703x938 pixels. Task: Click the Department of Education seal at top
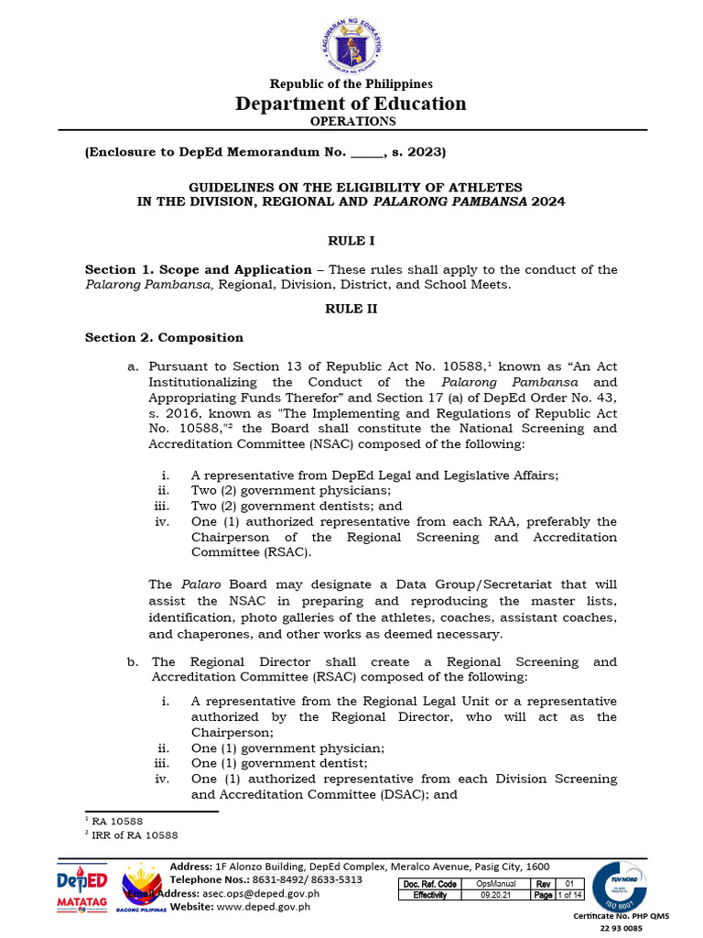click(x=351, y=42)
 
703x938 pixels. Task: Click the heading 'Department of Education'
click(x=351, y=104)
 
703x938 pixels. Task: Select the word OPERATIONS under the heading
click(x=351, y=121)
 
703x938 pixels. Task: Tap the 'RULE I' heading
click(x=351, y=241)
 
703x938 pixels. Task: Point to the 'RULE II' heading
click(x=351, y=310)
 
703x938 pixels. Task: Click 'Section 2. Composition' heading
click(x=164, y=338)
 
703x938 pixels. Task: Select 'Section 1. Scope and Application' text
click(x=198, y=269)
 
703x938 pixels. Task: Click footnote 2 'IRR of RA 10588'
click(x=134, y=835)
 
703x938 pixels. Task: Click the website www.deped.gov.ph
click(x=264, y=907)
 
